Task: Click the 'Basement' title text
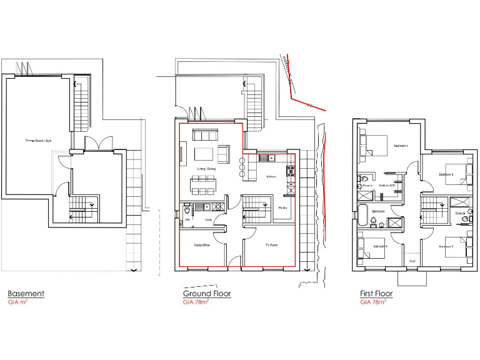pos(26,294)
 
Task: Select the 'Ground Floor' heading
pos(207,294)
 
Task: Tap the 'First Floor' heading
pos(376,294)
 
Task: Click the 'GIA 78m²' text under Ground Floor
pos(196,302)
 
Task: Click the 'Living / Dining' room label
pos(206,169)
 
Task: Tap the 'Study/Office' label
pos(201,246)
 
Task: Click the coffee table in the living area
pos(204,154)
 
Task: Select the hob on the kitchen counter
pos(291,171)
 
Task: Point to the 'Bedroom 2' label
pos(445,174)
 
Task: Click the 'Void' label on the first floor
pos(412,261)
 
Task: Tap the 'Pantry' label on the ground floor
pos(282,207)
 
